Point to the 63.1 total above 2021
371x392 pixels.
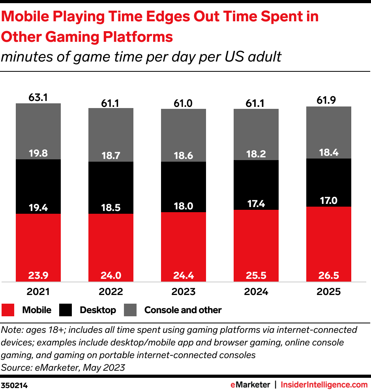click(x=38, y=97)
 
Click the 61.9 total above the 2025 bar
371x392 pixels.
click(x=329, y=100)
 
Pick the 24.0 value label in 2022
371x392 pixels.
click(x=111, y=275)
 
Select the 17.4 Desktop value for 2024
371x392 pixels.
click(x=256, y=204)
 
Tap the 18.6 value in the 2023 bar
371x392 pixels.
click(x=184, y=156)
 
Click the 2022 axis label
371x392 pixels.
click(x=111, y=292)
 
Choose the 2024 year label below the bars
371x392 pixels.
click(x=256, y=292)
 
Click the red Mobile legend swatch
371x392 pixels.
click(x=8, y=310)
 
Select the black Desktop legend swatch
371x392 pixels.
click(x=66, y=310)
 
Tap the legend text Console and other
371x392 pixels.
click(x=183, y=310)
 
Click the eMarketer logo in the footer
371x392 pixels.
click(x=250, y=385)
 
